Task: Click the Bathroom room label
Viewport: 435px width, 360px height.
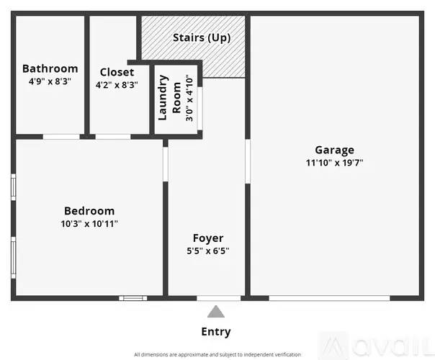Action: pyautogui.click(x=50, y=68)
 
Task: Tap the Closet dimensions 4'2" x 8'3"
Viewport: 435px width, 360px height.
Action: pyautogui.click(x=117, y=84)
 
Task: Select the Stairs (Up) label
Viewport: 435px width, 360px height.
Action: pyautogui.click(x=202, y=37)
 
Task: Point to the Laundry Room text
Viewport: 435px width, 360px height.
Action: pyautogui.click(x=169, y=98)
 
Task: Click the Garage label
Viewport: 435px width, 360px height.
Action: pyautogui.click(x=335, y=150)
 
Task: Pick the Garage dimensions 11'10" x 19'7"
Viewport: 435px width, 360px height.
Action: pyautogui.click(x=335, y=163)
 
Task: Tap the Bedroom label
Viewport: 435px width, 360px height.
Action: pyautogui.click(x=89, y=211)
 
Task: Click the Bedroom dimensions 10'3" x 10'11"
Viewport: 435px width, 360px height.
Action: pyautogui.click(x=89, y=223)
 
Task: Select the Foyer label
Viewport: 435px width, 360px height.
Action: pyautogui.click(x=208, y=238)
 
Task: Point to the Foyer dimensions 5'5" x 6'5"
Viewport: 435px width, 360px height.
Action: pyautogui.click(x=208, y=251)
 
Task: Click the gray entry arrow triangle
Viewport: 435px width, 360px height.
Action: pyautogui.click(x=216, y=312)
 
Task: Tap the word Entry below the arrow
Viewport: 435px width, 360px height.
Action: pyautogui.click(x=216, y=332)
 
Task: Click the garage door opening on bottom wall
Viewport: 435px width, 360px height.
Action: pyautogui.click(x=329, y=298)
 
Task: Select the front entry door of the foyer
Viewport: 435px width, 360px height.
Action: pyautogui.click(x=219, y=298)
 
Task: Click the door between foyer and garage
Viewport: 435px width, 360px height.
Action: pyautogui.click(x=248, y=161)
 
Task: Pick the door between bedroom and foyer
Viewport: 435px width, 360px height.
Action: pyautogui.click(x=166, y=164)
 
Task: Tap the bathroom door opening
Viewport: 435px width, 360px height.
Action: pyautogui.click(x=61, y=137)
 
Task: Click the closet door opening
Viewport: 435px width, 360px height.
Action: pyautogui.click(x=113, y=137)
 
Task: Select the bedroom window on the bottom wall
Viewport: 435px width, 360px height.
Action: pyautogui.click(x=133, y=298)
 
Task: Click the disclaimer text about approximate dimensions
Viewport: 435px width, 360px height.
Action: pyautogui.click(x=217, y=354)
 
